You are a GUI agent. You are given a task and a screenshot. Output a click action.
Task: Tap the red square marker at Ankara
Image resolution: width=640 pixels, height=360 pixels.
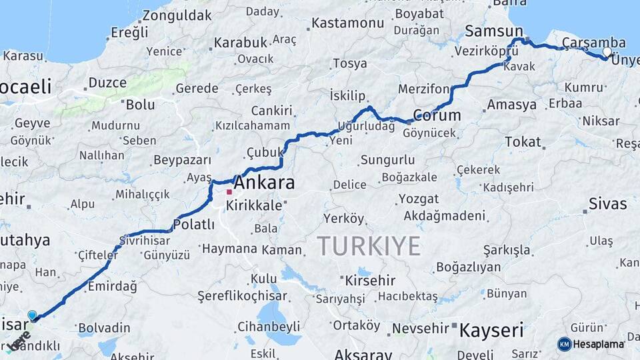229,192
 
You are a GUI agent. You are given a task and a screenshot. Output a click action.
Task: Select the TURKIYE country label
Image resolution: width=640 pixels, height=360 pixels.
369,246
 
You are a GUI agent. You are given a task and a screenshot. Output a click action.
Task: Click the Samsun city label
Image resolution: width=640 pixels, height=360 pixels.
494,31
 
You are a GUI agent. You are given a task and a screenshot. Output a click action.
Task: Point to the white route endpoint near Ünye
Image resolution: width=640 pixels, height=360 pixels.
607,51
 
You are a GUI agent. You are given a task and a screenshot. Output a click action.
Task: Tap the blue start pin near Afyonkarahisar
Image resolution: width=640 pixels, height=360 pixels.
32,315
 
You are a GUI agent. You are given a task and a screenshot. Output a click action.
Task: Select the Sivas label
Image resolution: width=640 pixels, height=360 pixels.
607,203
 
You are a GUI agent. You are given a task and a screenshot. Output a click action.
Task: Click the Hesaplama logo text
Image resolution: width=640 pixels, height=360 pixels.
599,344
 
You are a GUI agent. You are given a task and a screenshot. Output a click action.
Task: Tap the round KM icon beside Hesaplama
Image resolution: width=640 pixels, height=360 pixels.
565,344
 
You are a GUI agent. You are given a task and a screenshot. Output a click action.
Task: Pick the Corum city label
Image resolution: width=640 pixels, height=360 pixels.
437,115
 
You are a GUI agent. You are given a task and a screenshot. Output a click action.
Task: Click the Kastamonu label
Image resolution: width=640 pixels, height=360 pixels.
347,23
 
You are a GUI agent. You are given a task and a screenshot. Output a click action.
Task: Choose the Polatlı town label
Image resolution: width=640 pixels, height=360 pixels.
193,224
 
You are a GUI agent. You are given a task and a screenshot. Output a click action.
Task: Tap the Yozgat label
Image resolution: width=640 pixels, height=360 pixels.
419,199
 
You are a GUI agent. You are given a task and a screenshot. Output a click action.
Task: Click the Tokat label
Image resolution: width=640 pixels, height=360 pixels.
523,141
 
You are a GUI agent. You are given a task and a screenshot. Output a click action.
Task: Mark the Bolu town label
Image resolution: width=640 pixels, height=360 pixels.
140,105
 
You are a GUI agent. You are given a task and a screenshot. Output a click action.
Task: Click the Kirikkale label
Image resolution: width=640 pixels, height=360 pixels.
254,206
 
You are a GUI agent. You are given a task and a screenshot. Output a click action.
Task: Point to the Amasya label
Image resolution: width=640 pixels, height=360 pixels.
511,105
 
